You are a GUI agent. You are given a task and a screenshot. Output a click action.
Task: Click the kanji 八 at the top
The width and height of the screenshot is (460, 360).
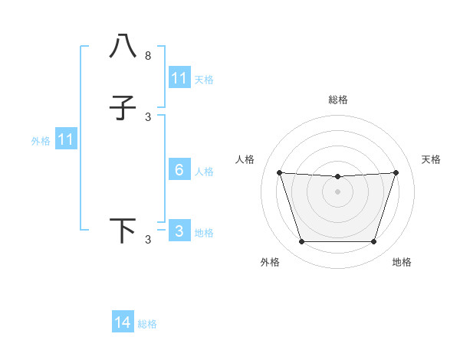coord(123,47)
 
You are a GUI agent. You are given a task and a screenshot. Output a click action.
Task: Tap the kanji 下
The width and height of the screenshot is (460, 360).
coord(123,231)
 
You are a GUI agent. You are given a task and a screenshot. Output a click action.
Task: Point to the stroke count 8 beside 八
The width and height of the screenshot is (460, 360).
coord(148,56)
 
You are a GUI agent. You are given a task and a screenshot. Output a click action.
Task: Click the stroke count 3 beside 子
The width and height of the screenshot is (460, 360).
coord(148,117)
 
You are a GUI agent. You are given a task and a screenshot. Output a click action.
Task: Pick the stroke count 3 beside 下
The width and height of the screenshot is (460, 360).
coord(148,240)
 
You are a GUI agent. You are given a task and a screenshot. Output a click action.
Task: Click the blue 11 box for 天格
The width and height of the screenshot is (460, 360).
coord(179,78)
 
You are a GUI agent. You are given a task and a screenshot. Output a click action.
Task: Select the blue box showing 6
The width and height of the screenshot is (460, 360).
coord(179,170)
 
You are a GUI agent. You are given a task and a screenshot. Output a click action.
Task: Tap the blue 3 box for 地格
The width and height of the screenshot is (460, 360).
coord(179,231)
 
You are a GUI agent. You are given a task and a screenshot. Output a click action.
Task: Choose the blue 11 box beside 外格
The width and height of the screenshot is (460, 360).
coord(65,139)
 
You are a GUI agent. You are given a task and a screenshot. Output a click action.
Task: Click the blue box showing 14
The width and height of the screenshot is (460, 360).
coord(123,322)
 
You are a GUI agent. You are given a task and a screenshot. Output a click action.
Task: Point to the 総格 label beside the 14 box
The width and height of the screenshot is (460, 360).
coord(147,324)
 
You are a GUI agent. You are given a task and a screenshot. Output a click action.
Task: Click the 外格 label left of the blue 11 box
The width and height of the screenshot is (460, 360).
coord(41,141)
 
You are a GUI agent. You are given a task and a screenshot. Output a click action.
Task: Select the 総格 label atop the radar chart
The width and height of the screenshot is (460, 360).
coord(338,100)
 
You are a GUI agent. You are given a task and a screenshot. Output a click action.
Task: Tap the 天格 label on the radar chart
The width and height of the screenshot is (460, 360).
coord(431,159)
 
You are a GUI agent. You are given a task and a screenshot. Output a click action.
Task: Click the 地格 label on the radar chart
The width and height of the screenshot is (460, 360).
coord(402,262)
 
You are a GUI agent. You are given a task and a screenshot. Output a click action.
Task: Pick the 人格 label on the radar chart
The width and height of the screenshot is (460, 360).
coord(245,159)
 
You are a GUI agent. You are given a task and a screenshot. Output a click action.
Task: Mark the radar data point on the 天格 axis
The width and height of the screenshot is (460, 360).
coord(396,172)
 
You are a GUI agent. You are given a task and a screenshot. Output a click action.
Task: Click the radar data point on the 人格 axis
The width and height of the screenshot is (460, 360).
coord(279,172)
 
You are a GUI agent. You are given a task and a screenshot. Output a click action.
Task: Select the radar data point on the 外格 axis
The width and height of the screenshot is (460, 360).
coord(301,242)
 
